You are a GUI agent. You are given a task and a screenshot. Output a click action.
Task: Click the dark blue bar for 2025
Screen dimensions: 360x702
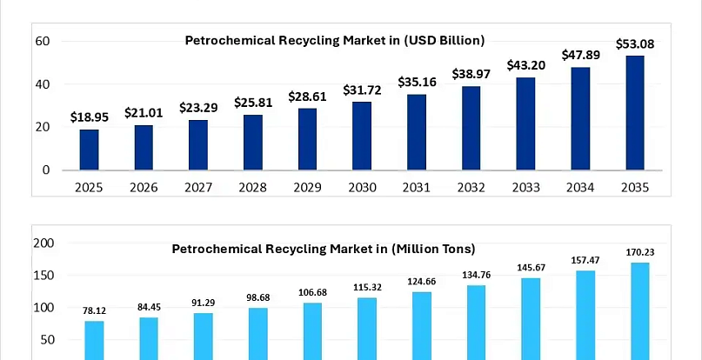click(89, 150)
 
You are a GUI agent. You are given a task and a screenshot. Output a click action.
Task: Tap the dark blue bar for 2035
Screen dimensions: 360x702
click(635, 113)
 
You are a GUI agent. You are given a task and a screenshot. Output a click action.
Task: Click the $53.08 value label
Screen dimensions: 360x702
click(635, 43)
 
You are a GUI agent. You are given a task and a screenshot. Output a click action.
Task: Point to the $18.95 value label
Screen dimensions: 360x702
click(89, 117)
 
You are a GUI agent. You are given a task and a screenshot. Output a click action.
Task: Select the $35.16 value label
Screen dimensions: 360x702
click(417, 82)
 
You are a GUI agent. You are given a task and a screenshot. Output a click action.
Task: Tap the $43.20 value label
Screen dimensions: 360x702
click(526, 65)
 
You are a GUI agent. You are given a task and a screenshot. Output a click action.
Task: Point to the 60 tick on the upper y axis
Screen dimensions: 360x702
click(42, 41)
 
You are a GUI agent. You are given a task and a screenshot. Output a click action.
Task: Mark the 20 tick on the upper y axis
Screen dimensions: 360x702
click(42, 127)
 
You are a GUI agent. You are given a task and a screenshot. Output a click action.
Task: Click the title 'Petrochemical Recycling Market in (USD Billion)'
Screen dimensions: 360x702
click(334, 40)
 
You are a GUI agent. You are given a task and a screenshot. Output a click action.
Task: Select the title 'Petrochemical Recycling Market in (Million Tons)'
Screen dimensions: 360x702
click(324, 249)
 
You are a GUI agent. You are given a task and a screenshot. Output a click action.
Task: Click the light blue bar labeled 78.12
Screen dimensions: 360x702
click(95, 340)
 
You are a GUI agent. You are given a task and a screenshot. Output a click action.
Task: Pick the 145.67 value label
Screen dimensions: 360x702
click(531, 267)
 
